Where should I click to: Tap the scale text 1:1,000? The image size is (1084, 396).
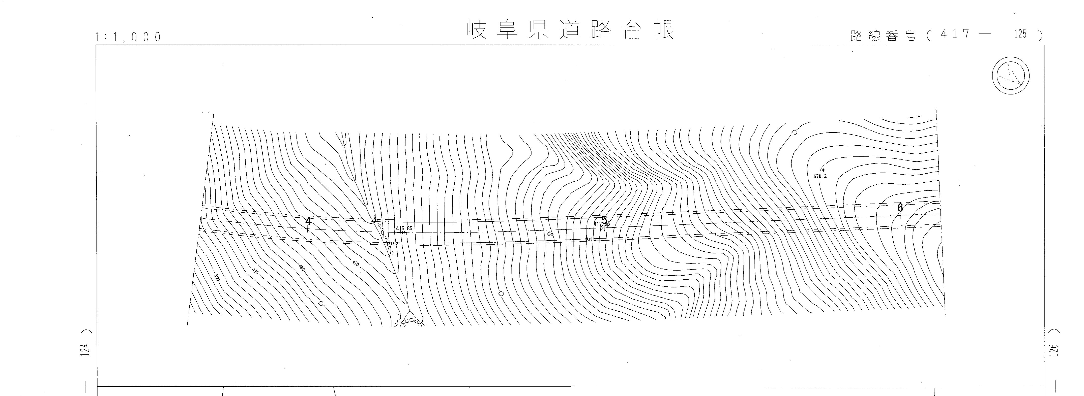(128, 38)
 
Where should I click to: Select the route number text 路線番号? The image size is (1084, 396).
(883, 36)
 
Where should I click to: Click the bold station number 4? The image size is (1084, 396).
(308, 221)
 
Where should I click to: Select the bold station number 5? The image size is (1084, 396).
(604, 220)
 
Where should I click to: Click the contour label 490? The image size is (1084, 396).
(255, 271)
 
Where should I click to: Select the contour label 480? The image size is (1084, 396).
(301, 267)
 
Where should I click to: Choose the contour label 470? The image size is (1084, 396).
(356, 263)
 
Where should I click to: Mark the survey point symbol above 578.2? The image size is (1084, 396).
(823, 170)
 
